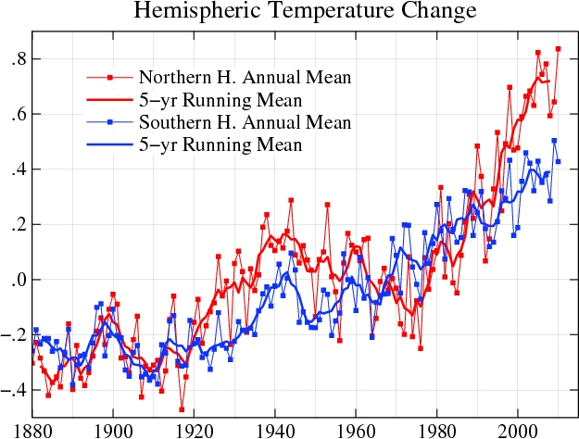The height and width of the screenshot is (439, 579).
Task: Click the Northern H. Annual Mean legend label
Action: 245,76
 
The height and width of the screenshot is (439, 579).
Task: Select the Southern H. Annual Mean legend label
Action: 245,122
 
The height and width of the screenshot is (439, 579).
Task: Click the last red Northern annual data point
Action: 558,49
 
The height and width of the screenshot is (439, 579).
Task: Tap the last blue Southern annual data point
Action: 558,161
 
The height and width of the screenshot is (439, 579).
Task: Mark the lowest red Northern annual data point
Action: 182,408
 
